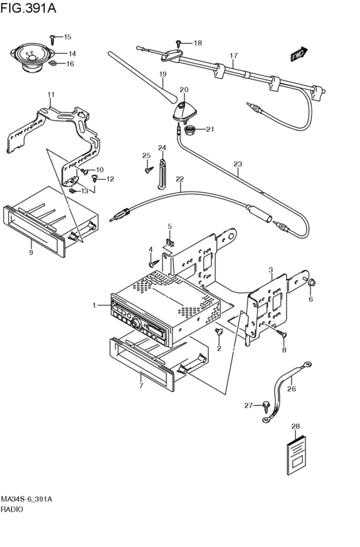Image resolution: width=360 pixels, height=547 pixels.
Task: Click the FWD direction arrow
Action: [300, 54]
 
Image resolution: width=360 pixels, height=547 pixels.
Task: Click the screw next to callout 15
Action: [52, 39]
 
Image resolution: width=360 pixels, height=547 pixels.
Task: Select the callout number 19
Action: [163, 74]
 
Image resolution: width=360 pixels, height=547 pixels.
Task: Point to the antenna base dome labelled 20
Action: [184, 111]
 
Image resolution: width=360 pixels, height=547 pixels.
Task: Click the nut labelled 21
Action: [190, 130]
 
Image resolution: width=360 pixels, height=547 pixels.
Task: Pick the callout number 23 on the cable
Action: [238, 164]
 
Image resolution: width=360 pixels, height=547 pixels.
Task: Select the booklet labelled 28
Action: [296, 454]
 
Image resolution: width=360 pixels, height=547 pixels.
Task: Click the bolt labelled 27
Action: [267, 406]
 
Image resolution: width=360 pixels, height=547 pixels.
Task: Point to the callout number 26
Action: [291, 389]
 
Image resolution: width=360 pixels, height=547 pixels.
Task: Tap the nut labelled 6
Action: [312, 283]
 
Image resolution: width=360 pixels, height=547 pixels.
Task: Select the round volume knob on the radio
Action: [137, 324]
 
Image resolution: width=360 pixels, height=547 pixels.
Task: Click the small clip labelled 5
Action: [170, 242]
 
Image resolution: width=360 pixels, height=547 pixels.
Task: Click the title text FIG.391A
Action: [28, 8]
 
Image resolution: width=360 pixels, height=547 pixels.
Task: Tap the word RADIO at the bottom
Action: [12, 509]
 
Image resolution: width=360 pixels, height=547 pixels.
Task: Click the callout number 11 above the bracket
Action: [51, 94]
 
